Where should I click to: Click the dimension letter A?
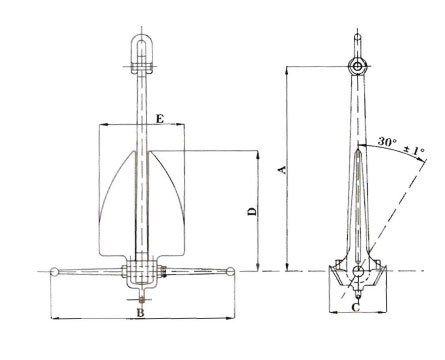(x=283, y=170)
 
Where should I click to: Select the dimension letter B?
(x=141, y=313)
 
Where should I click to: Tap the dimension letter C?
(x=356, y=307)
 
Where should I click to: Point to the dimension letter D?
(x=253, y=211)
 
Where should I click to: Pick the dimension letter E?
(x=160, y=119)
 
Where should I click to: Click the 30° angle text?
(x=387, y=141)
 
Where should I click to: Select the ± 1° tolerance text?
(x=415, y=150)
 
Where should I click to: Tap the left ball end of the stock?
(x=54, y=272)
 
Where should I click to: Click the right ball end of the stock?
(x=230, y=271)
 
